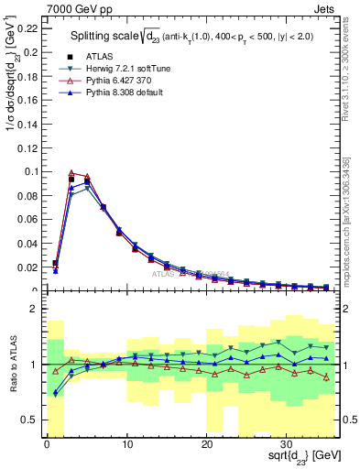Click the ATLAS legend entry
[x=98, y=56]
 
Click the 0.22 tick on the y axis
[x=28, y=27]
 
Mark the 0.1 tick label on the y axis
[x=31, y=171]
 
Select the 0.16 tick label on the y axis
[x=28, y=100]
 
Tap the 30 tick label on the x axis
[x=287, y=445]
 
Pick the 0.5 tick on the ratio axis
[x=31, y=420]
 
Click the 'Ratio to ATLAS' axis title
[x=12, y=365]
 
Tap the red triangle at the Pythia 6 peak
[x=71, y=172]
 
